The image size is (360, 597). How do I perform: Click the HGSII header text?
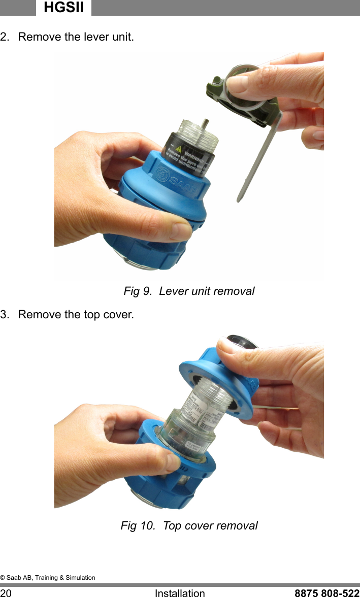(63, 7)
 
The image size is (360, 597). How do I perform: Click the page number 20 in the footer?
(6, 592)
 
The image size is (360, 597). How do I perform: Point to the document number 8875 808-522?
(327, 592)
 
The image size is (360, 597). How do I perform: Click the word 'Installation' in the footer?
(180, 592)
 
